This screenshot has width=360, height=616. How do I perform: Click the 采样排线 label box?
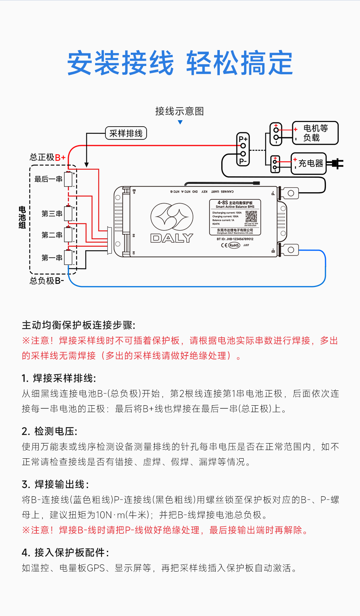(x=126, y=133)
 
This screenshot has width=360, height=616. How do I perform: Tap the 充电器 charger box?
(x=309, y=163)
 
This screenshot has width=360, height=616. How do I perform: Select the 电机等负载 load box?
(x=315, y=133)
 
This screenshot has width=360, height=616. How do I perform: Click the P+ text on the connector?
(x=243, y=139)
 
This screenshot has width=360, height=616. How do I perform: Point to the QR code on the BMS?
(x=251, y=216)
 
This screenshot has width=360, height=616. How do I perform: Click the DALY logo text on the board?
(x=172, y=238)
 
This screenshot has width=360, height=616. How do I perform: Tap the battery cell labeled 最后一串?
(x=68, y=179)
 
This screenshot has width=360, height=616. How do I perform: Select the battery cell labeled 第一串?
(x=68, y=258)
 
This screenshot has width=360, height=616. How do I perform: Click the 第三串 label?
(x=52, y=214)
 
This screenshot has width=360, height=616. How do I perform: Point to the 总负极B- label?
(x=47, y=281)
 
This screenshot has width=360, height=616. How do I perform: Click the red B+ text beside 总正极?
(x=60, y=158)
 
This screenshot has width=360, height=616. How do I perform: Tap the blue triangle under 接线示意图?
(x=180, y=122)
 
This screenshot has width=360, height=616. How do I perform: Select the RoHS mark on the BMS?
(x=234, y=245)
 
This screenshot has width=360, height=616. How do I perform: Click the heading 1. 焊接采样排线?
(x=59, y=378)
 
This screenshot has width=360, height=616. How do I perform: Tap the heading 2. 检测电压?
(x=50, y=431)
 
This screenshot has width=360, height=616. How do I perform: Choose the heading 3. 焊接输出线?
(x=56, y=484)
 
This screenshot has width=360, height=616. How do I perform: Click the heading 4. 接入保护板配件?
(x=66, y=553)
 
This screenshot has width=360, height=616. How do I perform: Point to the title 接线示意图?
(x=180, y=111)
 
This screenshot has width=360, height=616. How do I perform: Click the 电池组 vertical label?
(x=22, y=217)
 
